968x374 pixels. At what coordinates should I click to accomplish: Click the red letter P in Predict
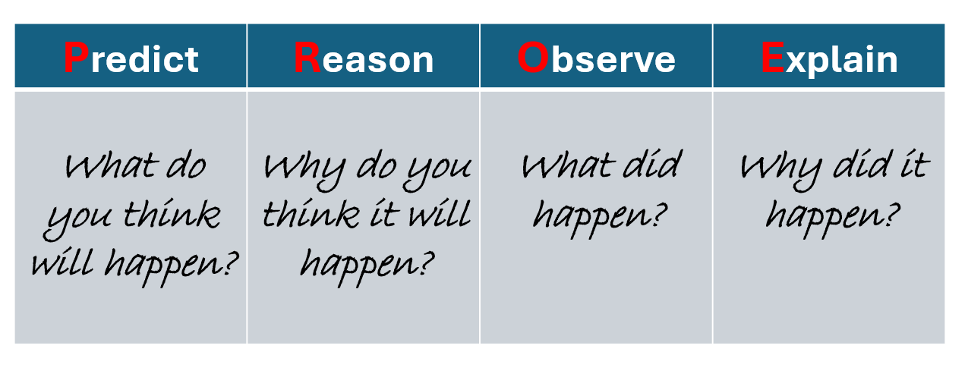click(x=76, y=58)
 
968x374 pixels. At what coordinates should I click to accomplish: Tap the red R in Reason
click(x=307, y=58)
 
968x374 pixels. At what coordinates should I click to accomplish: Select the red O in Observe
click(x=533, y=58)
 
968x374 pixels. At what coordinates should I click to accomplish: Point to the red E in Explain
click(x=773, y=58)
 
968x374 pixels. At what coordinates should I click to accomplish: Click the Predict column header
click(x=131, y=55)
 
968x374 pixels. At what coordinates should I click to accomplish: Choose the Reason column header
click(x=363, y=55)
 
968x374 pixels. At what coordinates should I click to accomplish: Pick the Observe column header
click(x=596, y=55)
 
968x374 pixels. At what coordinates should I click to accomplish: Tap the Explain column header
click(x=829, y=55)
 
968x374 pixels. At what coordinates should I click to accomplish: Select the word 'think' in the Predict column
click(x=172, y=213)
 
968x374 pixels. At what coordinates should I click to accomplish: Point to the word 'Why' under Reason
click(x=304, y=171)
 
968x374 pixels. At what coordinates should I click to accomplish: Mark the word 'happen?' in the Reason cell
click(x=367, y=268)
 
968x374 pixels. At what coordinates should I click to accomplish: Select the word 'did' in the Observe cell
click(x=652, y=164)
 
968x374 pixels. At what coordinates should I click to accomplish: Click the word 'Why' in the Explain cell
click(x=782, y=171)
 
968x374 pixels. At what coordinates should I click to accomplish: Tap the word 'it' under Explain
click(x=915, y=164)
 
